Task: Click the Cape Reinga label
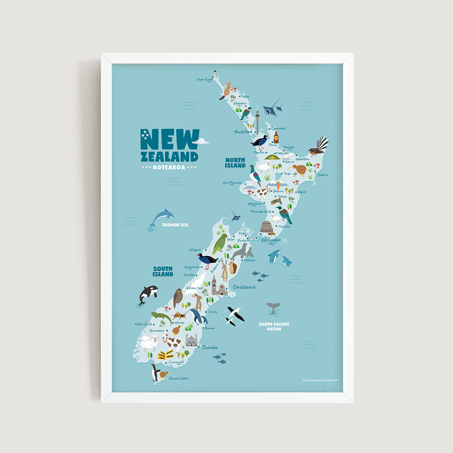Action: [x=205, y=79]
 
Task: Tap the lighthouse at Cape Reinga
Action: [x=215, y=74]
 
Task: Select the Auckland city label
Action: [x=243, y=132]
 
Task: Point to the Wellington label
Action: [x=271, y=240]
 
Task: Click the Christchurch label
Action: [x=244, y=287]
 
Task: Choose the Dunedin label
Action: [x=210, y=347]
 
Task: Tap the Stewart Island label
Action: [x=178, y=378]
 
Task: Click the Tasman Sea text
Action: [x=175, y=225]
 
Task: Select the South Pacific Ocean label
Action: [x=274, y=327]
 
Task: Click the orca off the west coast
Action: [x=148, y=294]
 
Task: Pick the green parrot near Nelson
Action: [x=220, y=244]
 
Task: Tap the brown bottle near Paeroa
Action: [x=276, y=137]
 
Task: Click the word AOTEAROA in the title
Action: [x=169, y=167]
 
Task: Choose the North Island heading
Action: [x=235, y=163]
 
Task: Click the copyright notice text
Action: [x=320, y=380]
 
